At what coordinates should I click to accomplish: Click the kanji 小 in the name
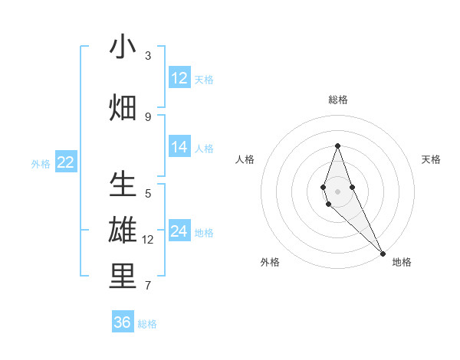pyautogui.click(x=123, y=47)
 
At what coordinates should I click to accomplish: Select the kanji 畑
pyautogui.click(x=123, y=108)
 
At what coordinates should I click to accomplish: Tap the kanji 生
pyautogui.click(x=123, y=186)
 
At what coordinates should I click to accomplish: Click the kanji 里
pyautogui.click(x=123, y=277)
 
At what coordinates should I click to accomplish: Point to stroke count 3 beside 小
pyautogui.click(x=148, y=56)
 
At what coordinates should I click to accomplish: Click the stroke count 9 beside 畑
pyautogui.click(x=148, y=116)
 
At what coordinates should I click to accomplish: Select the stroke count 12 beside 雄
pyautogui.click(x=148, y=240)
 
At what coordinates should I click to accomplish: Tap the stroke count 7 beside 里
pyautogui.click(x=148, y=286)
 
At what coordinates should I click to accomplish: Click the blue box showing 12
pyautogui.click(x=179, y=78)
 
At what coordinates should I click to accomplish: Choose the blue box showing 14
pyautogui.click(x=179, y=147)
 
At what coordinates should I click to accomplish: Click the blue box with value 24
pyautogui.click(x=179, y=231)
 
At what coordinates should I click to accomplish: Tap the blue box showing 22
pyautogui.click(x=66, y=162)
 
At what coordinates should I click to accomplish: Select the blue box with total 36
pyautogui.click(x=122, y=322)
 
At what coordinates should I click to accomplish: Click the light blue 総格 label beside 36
pyautogui.click(x=147, y=324)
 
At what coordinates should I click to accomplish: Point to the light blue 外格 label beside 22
pyautogui.click(x=41, y=163)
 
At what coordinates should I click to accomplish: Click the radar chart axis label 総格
pyautogui.click(x=338, y=100)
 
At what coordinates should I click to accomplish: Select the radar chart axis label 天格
pyautogui.click(x=432, y=159)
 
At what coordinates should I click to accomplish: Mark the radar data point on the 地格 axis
pyautogui.click(x=383, y=253)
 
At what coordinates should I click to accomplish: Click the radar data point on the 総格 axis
pyautogui.click(x=337, y=146)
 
